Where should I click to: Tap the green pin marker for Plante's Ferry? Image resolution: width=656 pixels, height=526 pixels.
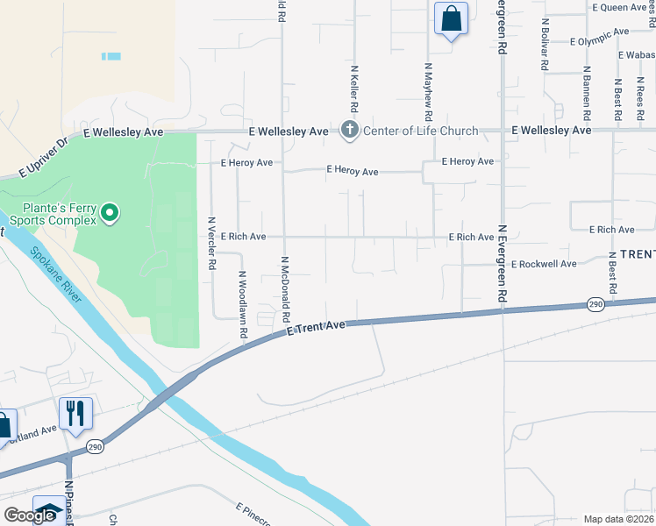coord(110,213)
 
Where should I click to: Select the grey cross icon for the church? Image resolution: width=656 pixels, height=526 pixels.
coord(349,131)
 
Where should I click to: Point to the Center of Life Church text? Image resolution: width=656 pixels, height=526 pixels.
coord(420,131)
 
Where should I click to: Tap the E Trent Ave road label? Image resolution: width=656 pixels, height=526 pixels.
coord(317,327)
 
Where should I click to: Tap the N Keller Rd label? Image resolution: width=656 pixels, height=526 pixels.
coord(354,88)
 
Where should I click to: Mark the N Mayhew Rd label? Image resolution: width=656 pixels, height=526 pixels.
coord(428,91)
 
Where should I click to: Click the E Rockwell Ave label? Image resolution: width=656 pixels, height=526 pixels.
coord(544,264)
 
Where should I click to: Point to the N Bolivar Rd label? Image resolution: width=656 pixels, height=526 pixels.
coord(545,44)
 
